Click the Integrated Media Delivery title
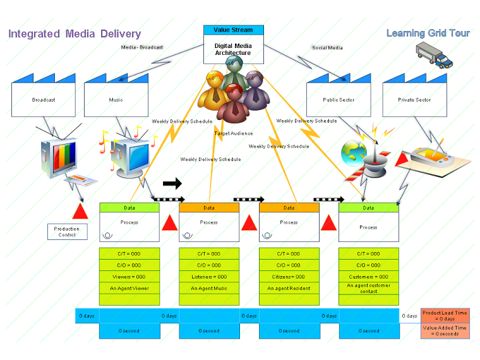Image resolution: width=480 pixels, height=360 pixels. (x=75, y=34)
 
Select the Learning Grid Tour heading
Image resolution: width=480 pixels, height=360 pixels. (x=428, y=33)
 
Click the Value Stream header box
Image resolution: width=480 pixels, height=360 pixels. (x=233, y=30)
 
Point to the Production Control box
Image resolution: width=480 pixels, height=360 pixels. (x=67, y=232)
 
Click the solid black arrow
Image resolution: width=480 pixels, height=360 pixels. (x=172, y=184)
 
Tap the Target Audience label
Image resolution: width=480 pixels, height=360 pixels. (x=234, y=133)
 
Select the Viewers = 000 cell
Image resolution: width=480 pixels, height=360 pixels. (x=129, y=277)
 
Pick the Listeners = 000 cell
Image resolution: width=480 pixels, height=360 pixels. (x=209, y=277)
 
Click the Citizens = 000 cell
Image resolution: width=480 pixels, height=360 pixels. (x=289, y=277)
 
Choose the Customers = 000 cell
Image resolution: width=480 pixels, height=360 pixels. (x=369, y=277)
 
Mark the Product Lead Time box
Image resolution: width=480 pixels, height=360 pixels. (x=445, y=316)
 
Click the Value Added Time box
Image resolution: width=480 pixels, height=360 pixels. (x=445, y=331)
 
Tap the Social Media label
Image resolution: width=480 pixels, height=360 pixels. (x=327, y=48)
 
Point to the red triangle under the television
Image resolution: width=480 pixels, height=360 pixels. (x=80, y=211)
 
